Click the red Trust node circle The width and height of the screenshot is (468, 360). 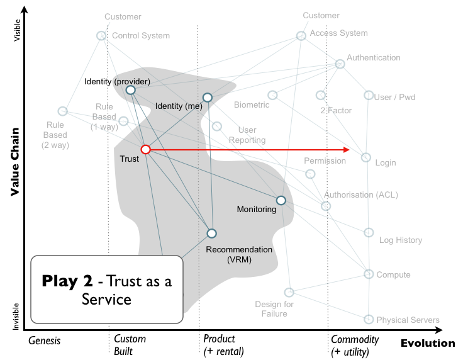click(x=145, y=149)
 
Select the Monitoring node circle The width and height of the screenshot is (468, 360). click(x=281, y=200)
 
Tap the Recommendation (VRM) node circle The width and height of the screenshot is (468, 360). click(x=211, y=233)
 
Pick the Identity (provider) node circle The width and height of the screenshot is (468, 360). click(x=130, y=90)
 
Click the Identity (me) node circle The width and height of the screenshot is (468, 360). click(x=207, y=97)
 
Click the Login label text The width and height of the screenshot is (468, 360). click(x=386, y=163)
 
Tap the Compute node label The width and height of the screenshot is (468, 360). click(x=393, y=275)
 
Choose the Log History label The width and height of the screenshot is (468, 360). click(x=401, y=240)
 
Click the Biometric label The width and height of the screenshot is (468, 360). click(x=252, y=104)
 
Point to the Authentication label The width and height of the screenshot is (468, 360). click(x=374, y=58)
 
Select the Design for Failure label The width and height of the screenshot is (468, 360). click(x=274, y=309)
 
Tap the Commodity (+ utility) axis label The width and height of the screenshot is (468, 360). click(x=355, y=346)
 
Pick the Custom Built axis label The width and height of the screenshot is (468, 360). click(x=130, y=346)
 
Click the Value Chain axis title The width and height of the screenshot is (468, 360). click(x=15, y=162)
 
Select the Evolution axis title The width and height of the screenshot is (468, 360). click(x=427, y=343)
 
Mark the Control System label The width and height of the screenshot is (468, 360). click(x=141, y=36)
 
